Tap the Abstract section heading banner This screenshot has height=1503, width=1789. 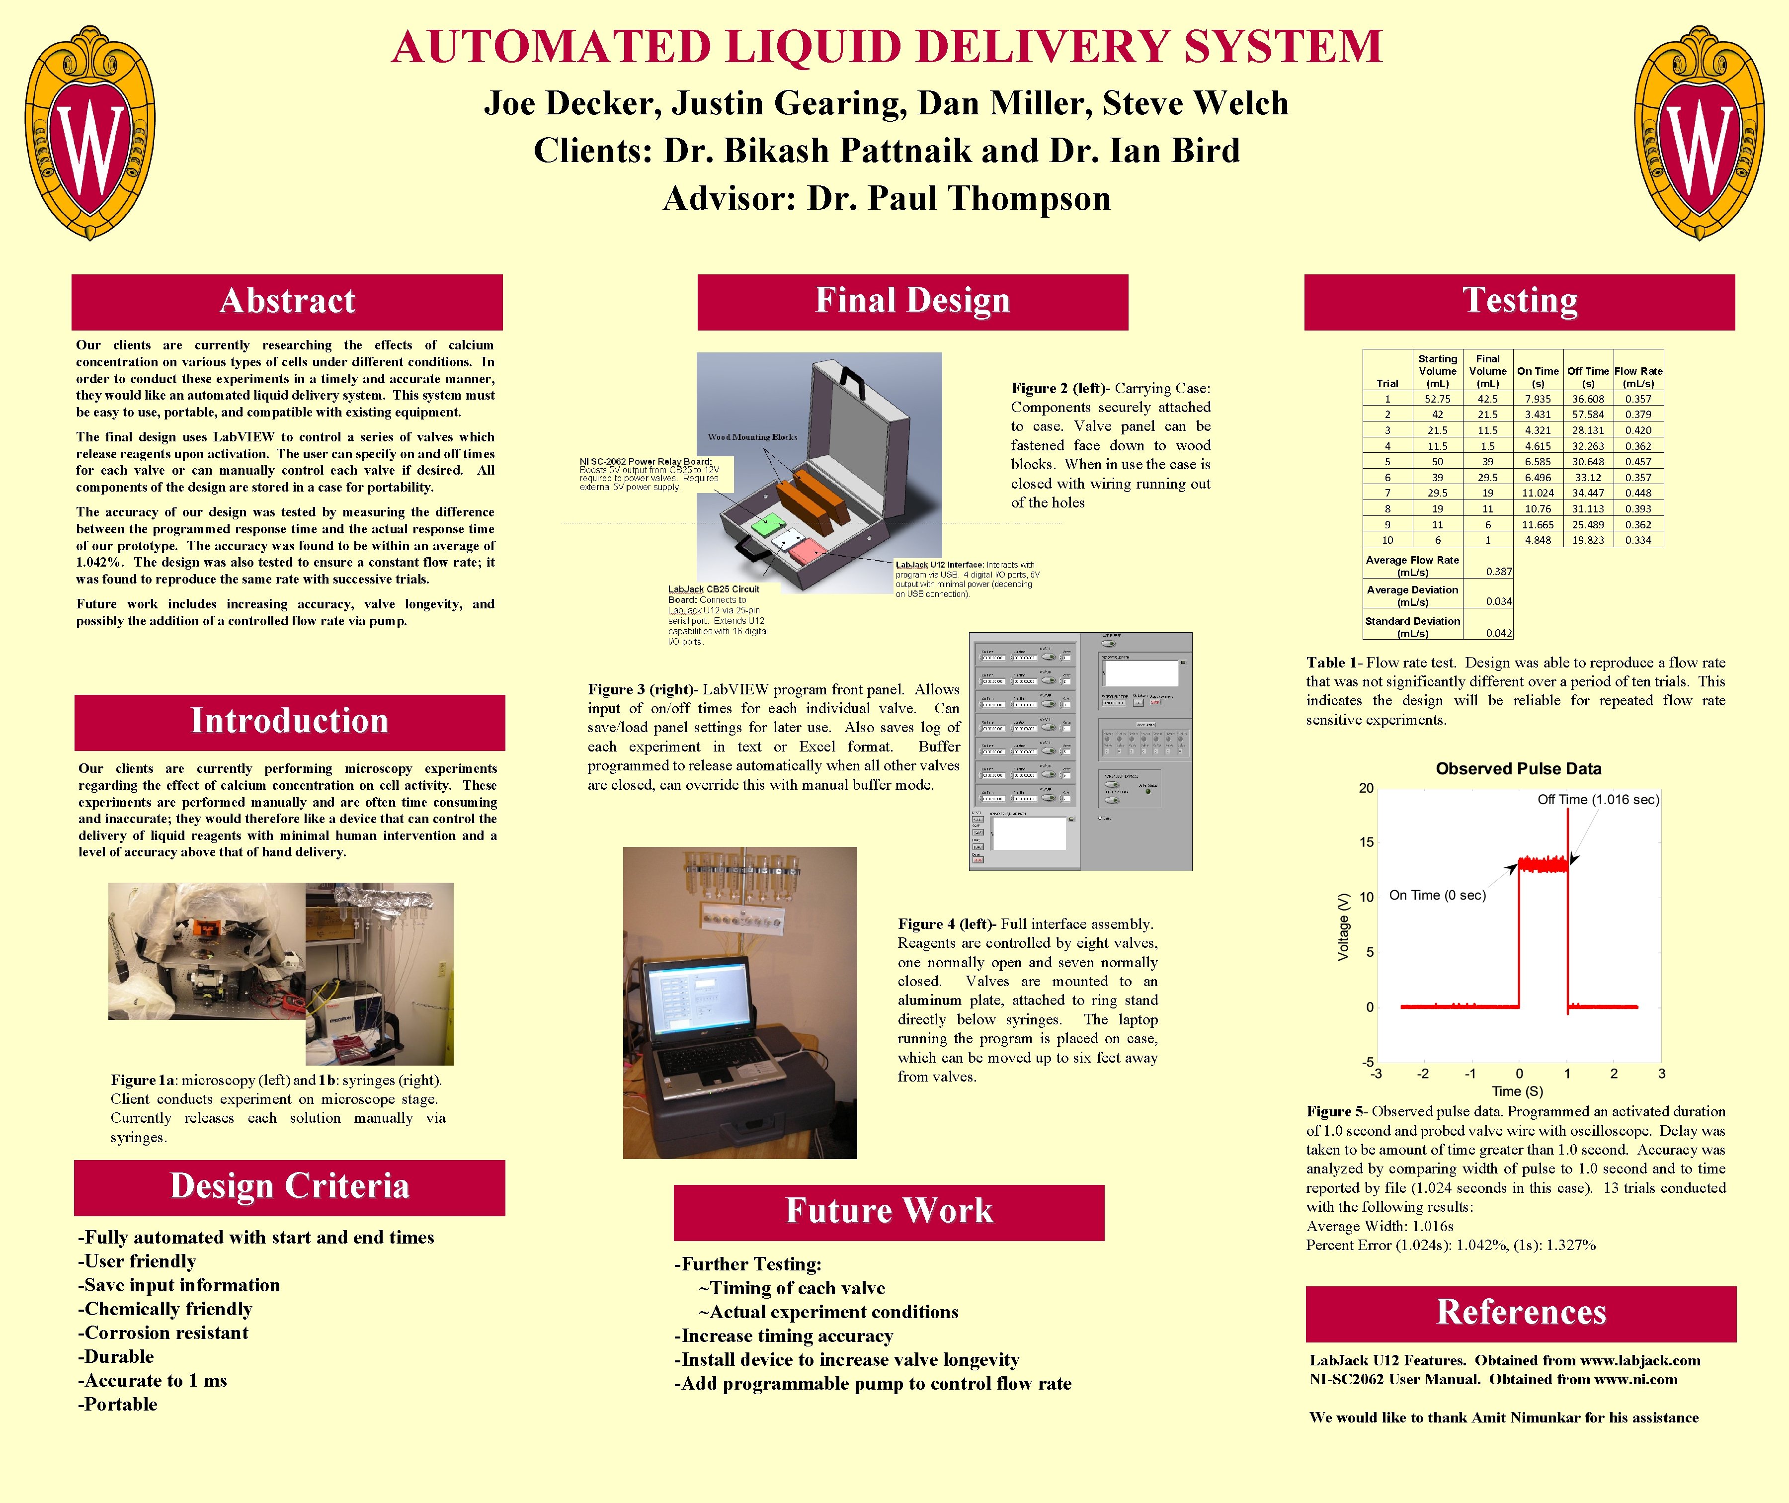pyautogui.click(x=287, y=302)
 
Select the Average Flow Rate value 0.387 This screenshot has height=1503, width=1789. pyautogui.click(x=1498, y=572)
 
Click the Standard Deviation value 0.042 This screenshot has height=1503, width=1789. pyautogui.click(x=1498, y=633)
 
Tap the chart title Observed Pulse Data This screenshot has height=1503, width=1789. pyautogui.click(x=1518, y=768)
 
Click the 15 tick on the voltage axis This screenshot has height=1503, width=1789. pyautogui.click(x=1367, y=842)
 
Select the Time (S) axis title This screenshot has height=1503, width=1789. pyautogui.click(x=1517, y=1091)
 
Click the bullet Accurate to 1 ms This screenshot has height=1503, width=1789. pyautogui.click(x=154, y=1381)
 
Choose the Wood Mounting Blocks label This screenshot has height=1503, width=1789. pyautogui.click(x=752, y=437)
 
